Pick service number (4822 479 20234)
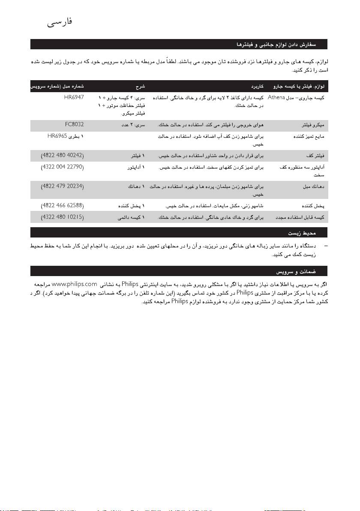coord(62,187)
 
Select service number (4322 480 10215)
coord(62,218)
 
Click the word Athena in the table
coord(276,98)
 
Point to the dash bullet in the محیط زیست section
coord(327,247)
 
